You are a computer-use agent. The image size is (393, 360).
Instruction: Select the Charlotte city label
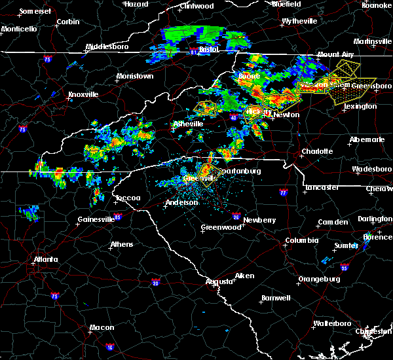[317, 151]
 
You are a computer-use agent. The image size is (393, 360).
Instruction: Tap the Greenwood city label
[221, 227]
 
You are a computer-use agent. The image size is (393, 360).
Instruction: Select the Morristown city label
[135, 77]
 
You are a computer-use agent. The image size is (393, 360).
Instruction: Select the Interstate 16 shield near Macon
[109, 347]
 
